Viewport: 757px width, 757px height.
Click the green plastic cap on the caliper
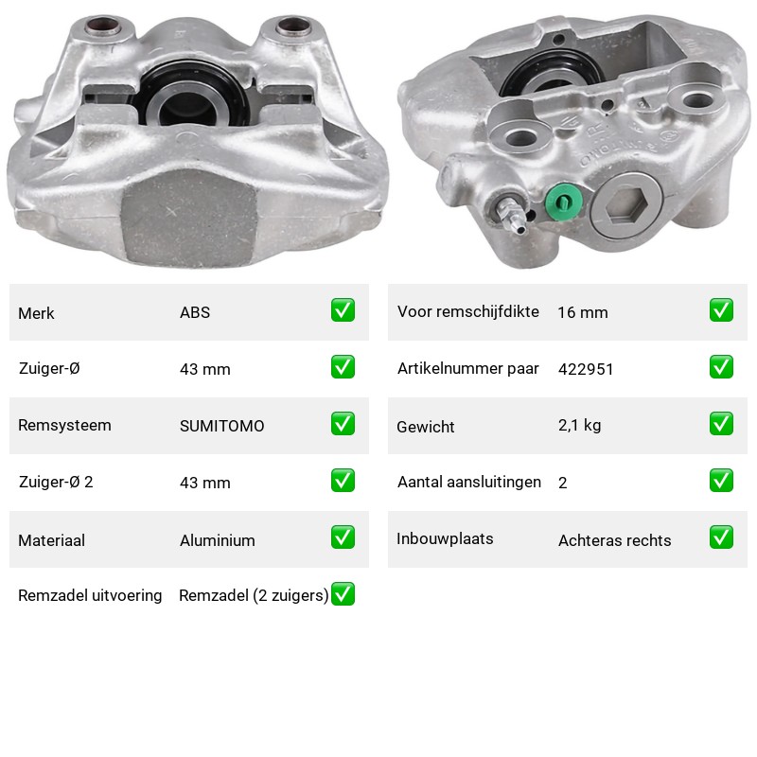[563, 202]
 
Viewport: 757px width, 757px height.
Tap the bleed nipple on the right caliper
[511, 216]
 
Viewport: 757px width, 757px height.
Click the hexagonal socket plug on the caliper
[626, 205]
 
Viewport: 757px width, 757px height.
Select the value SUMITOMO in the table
[222, 426]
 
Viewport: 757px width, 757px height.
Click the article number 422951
[586, 369]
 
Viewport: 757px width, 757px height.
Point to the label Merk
[36, 313]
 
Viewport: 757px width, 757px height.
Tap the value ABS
[195, 312]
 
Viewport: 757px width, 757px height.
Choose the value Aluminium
[218, 540]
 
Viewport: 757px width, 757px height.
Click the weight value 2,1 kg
[580, 425]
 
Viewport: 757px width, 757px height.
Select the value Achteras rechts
[614, 540]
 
